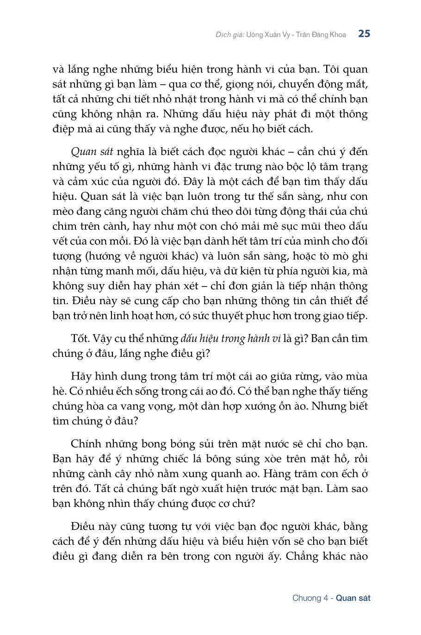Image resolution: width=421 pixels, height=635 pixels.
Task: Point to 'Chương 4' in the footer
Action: click(x=310, y=598)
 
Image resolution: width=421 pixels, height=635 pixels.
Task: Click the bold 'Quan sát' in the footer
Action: click(x=353, y=598)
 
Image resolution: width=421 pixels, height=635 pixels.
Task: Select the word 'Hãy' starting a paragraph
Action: click(x=81, y=376)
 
